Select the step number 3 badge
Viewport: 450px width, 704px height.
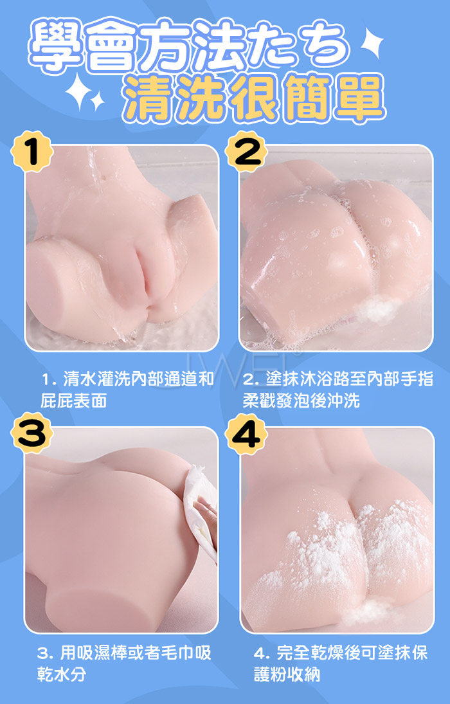tap(32, 433)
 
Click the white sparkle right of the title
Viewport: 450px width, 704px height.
tap(372, 42)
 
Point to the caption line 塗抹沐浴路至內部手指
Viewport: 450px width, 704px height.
tap(338, 380)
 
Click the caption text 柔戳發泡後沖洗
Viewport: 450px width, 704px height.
tap(301, 401)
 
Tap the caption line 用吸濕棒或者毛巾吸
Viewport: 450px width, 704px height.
tap(124, 653)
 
